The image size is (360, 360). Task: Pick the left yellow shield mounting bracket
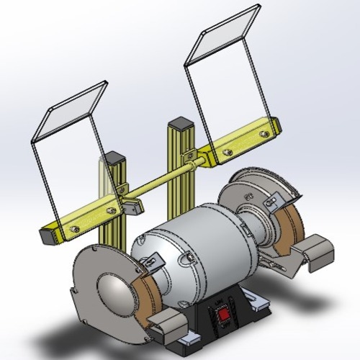pos(86,220)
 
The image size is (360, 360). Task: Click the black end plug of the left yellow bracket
pos(47,233)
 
